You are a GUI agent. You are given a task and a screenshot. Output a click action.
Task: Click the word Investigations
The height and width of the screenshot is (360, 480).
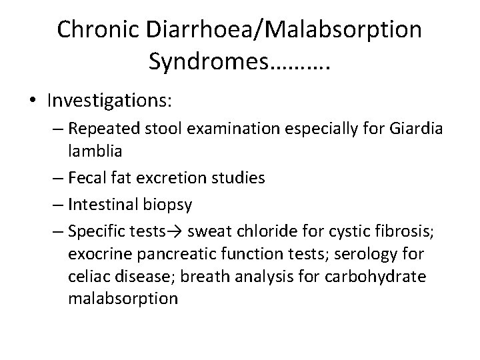(x=110, y=101)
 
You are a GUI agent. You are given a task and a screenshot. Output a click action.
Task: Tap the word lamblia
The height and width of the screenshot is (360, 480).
(x=95, y=153)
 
